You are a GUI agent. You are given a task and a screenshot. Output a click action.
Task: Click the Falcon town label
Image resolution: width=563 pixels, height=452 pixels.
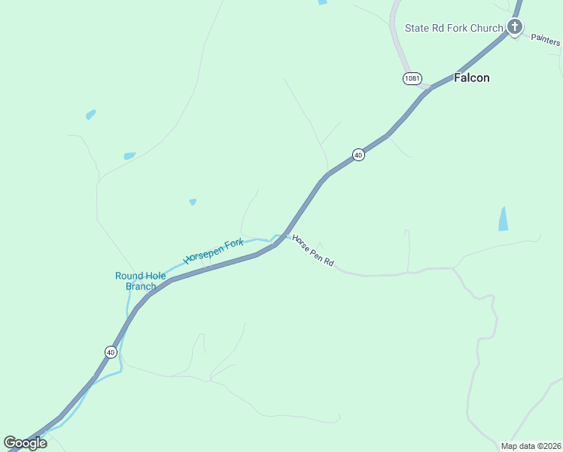tap(472, 78)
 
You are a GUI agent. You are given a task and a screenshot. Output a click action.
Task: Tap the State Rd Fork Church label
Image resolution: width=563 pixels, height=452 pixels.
tap(453, 28)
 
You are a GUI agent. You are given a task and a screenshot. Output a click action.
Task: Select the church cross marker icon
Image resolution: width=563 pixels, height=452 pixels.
tap(515, 28)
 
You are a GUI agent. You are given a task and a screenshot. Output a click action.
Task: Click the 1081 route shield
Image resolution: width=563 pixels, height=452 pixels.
tap(412, 78)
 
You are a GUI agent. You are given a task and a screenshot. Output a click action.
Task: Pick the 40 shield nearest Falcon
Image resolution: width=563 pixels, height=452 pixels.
tap(358, 154)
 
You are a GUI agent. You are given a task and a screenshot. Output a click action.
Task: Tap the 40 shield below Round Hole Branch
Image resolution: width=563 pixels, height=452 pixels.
tap(111, 352)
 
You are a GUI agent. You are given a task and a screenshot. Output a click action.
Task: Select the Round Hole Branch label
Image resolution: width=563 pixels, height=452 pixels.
tap(140, 281)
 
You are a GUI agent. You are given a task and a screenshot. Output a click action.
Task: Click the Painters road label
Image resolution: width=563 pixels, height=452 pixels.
tap(546, 40)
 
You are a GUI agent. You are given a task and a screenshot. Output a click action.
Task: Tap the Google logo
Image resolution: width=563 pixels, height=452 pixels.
tap(25, 442)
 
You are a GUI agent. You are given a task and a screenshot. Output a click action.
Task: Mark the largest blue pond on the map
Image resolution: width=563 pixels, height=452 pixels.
tap(503, 218)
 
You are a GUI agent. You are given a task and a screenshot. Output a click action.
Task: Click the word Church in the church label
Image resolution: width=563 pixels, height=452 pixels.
tap(486, 28)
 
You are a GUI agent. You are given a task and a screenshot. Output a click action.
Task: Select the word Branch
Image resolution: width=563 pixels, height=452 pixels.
tap(141, 286)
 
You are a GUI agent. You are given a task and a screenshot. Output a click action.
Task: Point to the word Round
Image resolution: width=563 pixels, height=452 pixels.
tap(128, 276)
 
